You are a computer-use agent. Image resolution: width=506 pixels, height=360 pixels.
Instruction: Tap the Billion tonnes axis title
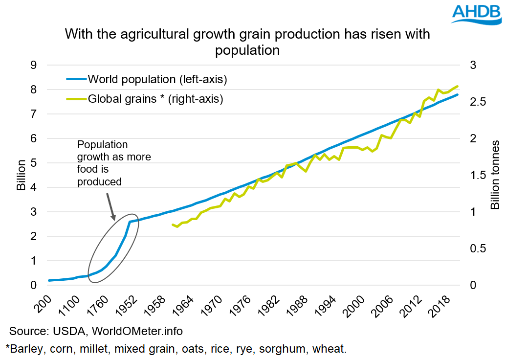click(495, 175)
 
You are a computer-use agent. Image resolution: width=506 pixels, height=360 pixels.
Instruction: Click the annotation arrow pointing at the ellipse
click(110, 204)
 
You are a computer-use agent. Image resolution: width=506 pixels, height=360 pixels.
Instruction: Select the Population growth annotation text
click(114, 163)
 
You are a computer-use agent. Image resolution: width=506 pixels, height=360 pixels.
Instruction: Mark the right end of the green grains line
click(458, 86)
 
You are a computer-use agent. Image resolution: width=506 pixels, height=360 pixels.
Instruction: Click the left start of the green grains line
click(172, 225)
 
